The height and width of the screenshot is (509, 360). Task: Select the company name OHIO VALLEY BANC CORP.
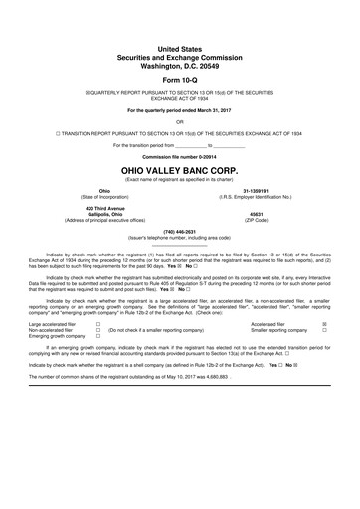pos(179,170)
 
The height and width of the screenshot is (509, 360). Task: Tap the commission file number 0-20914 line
pos(179,158)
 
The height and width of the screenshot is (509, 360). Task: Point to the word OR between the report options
pos(179,120)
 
